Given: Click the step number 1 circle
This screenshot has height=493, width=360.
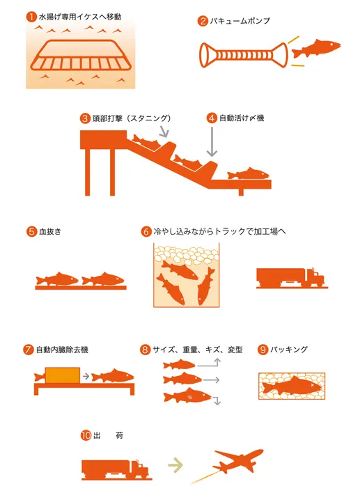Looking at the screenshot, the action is point(31,17).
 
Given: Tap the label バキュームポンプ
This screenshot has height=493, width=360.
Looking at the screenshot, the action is point(240,21).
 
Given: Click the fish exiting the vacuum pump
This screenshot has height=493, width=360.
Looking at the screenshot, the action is point(316,49).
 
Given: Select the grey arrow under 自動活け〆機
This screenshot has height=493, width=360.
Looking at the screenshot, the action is point(212,141).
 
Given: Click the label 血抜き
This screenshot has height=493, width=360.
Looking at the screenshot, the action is point(50,232).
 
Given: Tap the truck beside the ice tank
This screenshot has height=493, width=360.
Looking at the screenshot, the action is point(290,278).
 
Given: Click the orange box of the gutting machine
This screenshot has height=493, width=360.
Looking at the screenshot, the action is point(62,375).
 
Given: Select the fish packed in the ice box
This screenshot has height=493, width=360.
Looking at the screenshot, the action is point(292,385).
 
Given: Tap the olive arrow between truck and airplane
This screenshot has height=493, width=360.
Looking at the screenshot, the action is point(175,464).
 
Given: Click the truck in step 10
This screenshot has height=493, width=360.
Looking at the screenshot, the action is point(115,470).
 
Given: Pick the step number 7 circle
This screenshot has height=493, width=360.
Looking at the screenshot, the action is point(29,350).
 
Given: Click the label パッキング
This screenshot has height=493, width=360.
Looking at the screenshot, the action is point(289,350).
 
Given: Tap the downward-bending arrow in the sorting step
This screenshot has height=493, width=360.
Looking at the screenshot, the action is point(217,400).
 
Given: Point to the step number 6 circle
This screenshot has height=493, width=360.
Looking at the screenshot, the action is point(146,232).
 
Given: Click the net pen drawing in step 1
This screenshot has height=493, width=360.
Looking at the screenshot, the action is point(81,55).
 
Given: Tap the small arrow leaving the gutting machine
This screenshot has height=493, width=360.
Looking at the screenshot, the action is point(86,376).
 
